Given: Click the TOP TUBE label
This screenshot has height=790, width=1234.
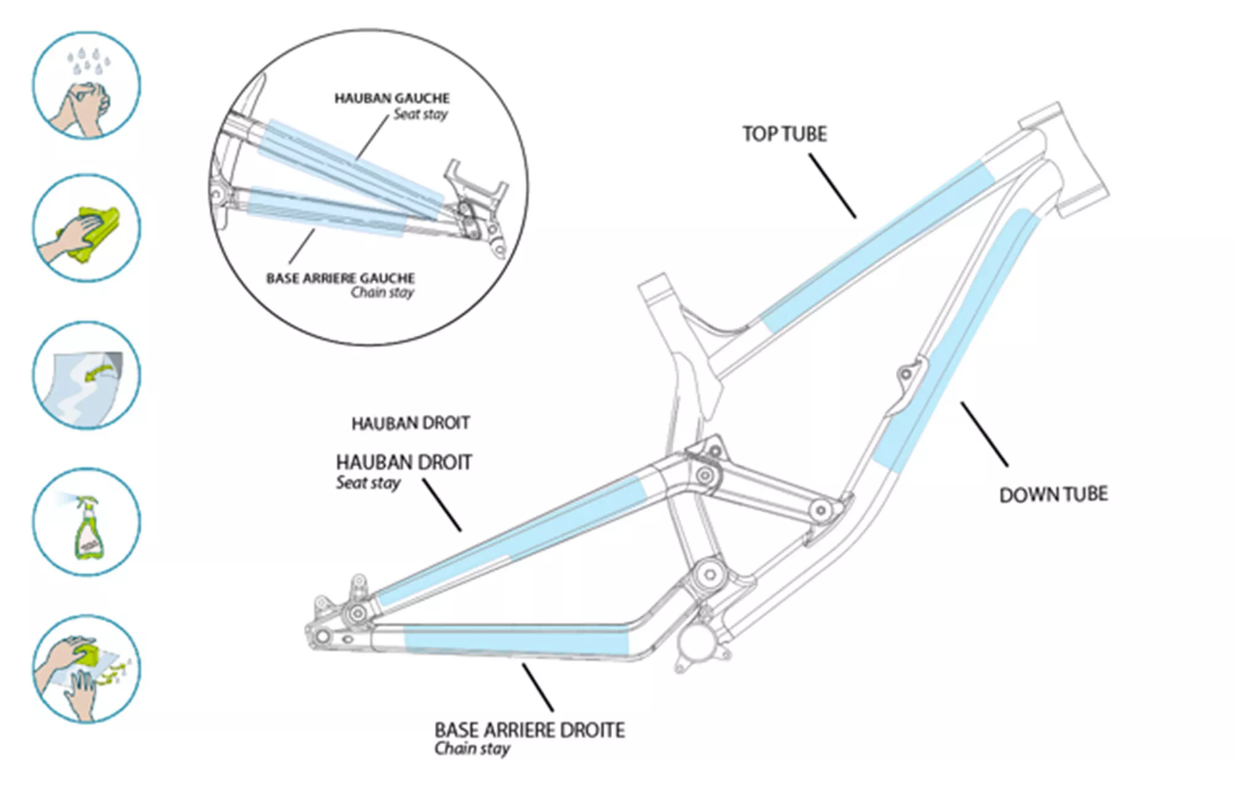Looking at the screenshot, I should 784,134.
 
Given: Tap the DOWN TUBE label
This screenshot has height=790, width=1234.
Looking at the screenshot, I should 1053,494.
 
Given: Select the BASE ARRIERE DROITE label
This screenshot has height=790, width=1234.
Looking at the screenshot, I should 529,730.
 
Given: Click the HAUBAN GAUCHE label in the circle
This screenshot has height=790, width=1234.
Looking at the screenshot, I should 392,98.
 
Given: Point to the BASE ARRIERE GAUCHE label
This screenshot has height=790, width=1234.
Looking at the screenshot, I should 340,278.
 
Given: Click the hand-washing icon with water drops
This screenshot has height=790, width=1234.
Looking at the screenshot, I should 86,85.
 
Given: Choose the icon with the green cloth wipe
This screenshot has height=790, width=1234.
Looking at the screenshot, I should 86,228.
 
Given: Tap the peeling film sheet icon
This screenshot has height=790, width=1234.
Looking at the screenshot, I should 86,375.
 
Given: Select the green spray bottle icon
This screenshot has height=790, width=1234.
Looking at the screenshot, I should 86,522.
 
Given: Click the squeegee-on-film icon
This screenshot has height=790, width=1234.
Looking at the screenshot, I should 86,668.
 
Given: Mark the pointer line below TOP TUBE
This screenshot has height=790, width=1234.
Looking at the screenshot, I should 832,186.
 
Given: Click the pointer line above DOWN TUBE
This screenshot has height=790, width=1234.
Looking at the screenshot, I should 984,434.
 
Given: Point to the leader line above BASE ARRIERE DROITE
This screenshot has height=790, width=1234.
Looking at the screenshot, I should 537,687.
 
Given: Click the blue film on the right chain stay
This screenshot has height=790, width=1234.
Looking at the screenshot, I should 515,640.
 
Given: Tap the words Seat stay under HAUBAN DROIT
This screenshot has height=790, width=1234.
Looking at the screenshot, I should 368,483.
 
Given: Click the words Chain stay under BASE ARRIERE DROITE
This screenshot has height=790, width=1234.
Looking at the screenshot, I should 472,749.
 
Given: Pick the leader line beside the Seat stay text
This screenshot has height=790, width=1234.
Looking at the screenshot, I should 442,505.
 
